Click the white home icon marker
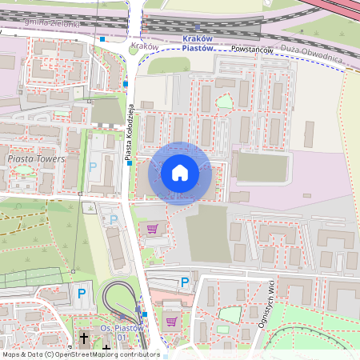pos(180,172)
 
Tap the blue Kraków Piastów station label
pos(198,42)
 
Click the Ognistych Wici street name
pos(272,300)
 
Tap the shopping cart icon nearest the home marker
pos(152,229)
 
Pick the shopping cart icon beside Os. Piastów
pos(170,322)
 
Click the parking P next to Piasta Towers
pos(92,166)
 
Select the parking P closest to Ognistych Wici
pos(185,282)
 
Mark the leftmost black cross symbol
pos(84,338)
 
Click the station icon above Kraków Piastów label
pos(198,27)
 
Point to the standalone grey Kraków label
pos(144,46)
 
